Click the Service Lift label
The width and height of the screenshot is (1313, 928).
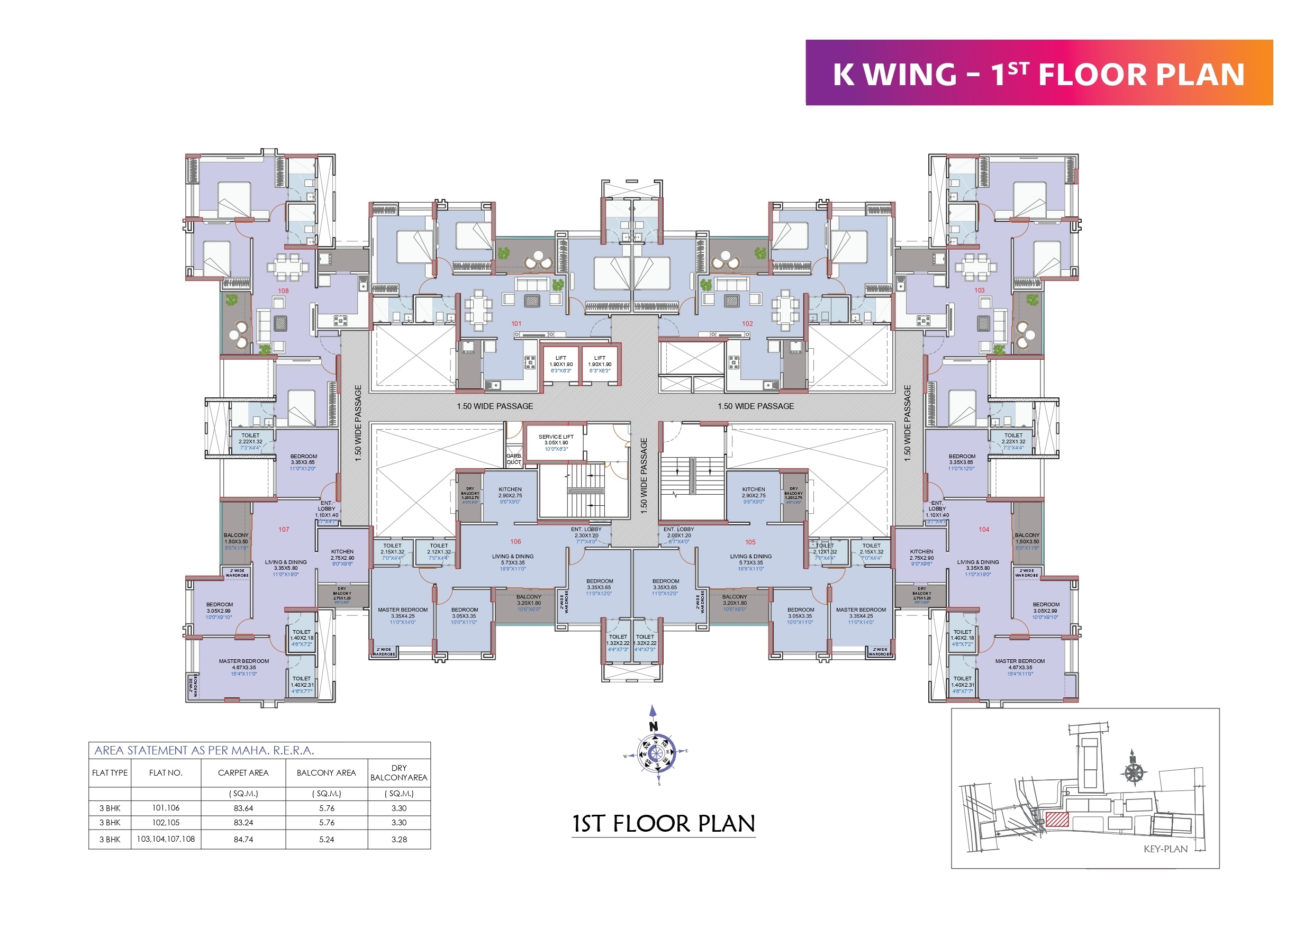(x=555, y=437)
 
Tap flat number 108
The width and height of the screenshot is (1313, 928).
(x=283, y=291)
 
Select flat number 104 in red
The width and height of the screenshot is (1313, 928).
(x=984, y=530)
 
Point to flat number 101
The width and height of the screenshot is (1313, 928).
(x=517, y=324)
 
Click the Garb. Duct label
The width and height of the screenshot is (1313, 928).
(x=513, y=459)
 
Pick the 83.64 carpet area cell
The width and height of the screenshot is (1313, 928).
(x=243, y=808)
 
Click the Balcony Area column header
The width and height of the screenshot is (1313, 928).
(x=326, y=773)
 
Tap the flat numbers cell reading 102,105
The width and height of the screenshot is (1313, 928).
(x=166, y=823)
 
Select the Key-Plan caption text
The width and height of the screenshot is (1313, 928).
(x=1165, y=849)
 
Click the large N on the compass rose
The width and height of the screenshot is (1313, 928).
(x=654, y=727)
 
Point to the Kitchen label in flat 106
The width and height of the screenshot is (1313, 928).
(x=510, y=489)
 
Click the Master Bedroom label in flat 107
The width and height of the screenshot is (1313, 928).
(x=243, y=661)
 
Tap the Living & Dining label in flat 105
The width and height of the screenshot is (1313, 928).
(x=750, y=557)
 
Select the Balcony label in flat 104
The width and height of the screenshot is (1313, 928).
(x=1027, y=535)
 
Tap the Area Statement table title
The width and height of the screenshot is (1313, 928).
(x=204, y=750)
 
